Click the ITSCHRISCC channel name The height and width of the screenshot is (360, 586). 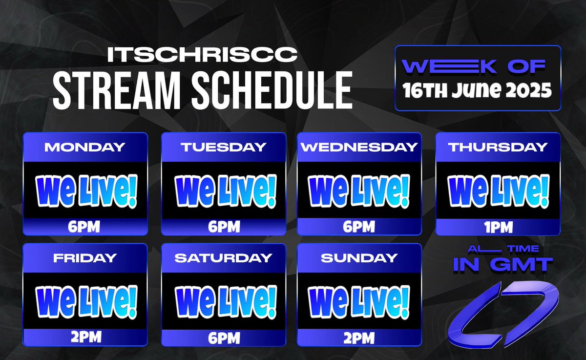click(x=202, y=55)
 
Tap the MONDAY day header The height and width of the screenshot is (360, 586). click(x=85, y=146)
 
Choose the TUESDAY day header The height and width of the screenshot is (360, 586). click(x=224, y=146)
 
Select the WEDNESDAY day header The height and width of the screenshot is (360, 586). click(x=359, y=146)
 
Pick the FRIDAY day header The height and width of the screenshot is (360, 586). click(x=85, y=257)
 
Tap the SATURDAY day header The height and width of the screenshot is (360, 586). click(x=224, y=257)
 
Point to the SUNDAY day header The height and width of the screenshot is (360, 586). click(x=359, y=257)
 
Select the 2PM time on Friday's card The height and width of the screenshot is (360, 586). click(x=85, y=338)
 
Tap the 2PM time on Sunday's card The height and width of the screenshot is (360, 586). click(x=359, y=338)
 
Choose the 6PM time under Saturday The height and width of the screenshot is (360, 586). click(x=224, y=338)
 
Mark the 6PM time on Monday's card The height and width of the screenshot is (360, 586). click(x=85, y=227)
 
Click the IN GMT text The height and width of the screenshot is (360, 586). click(x=503, y=265)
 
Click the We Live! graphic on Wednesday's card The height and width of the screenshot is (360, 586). click(x=359, y=191)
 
